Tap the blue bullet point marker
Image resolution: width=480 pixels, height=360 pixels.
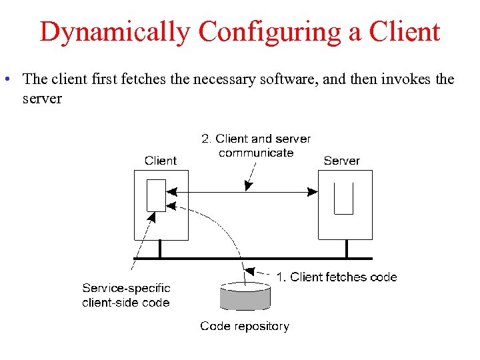point(5,79)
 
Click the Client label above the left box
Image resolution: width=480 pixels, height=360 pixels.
point(161,160)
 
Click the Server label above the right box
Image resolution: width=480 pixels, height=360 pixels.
point(341,160)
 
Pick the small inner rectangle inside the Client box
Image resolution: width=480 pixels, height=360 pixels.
point(156,195)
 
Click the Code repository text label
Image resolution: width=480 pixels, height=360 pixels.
point(245,326)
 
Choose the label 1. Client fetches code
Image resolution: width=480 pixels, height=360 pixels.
point(337,277)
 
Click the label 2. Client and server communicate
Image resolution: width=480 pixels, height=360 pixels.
point(256,145)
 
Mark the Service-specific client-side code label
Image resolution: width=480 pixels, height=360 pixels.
point(126,295)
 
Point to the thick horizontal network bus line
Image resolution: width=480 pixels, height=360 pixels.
point(253,258)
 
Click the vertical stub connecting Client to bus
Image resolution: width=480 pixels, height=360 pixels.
point(160,249)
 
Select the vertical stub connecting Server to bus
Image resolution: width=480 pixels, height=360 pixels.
point(347,249)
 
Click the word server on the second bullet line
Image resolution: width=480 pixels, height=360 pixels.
point(42,99)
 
